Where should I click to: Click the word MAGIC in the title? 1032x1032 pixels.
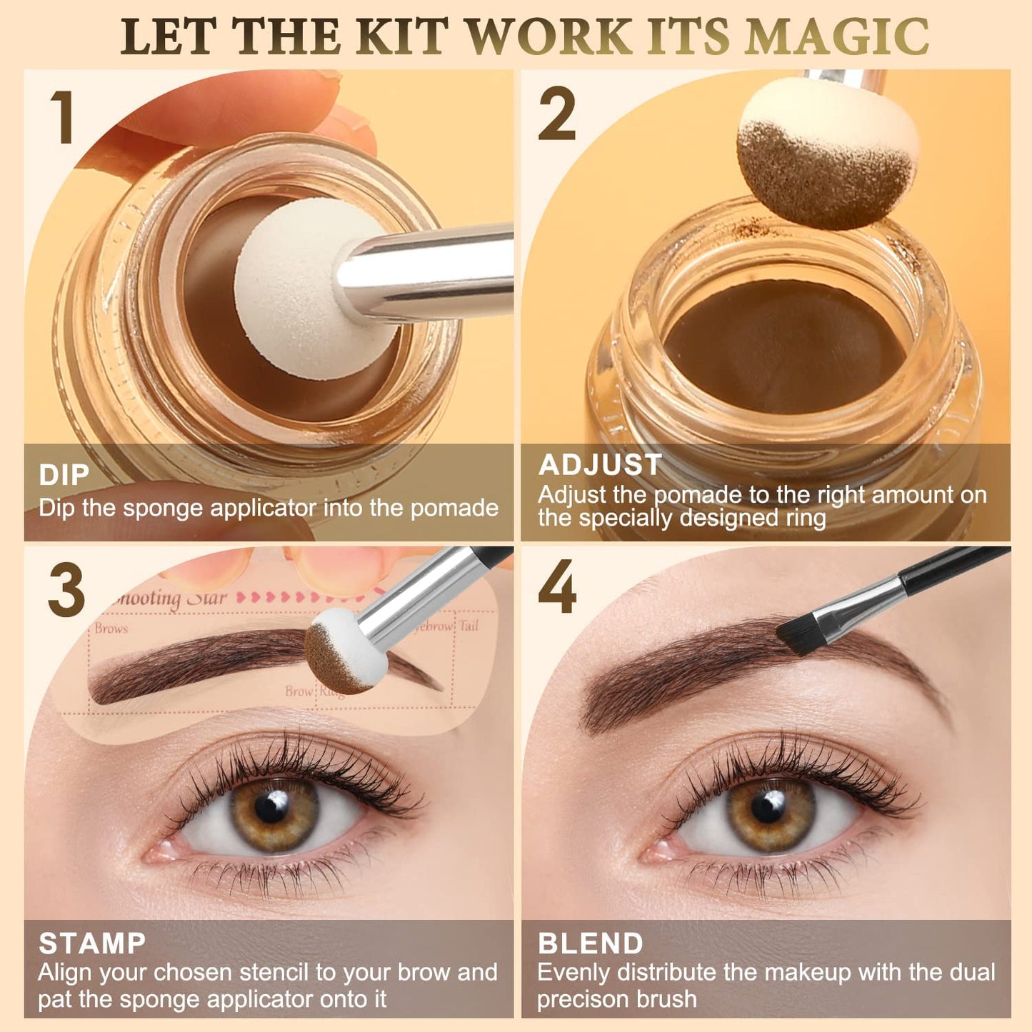[837, 37]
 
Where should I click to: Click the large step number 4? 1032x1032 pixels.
[557, 588]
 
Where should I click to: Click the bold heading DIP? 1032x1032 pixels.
[64, 475]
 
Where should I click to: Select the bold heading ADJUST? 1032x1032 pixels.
[600, 465]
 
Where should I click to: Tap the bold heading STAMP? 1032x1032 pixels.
[92, 943]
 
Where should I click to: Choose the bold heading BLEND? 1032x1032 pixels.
[590, 943]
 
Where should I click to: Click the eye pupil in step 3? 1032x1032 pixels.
[272, 807]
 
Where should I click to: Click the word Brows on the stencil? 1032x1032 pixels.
[111, 628]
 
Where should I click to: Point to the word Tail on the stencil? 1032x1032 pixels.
[469, 626]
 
